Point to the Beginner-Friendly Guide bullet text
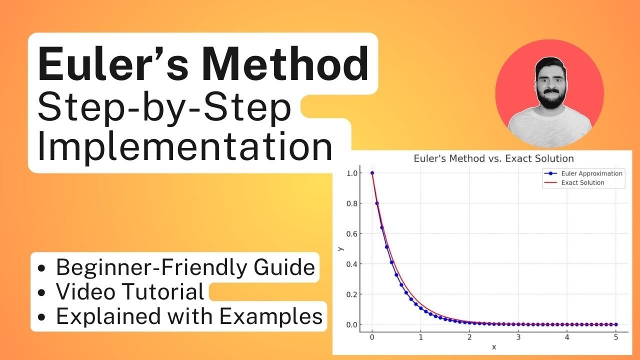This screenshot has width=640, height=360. (185, 267)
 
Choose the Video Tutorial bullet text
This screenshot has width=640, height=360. (130, 291)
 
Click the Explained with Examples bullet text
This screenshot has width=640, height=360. (189, 316)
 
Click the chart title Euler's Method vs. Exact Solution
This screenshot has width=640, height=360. (493, 158)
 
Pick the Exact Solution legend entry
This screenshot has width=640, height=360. (582, 182)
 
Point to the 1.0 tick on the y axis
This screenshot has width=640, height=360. (352, 173)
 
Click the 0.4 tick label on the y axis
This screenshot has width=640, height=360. (352, 264)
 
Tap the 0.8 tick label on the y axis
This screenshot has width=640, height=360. (352, 203)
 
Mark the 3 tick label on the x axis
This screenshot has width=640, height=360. (518, 337)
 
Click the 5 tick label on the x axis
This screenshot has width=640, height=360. (616, 337)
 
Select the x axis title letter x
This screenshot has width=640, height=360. (494, 347)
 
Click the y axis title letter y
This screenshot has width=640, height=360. (341, 248)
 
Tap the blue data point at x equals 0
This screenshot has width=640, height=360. (372, 173)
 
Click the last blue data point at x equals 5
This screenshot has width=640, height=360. (616, 324)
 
